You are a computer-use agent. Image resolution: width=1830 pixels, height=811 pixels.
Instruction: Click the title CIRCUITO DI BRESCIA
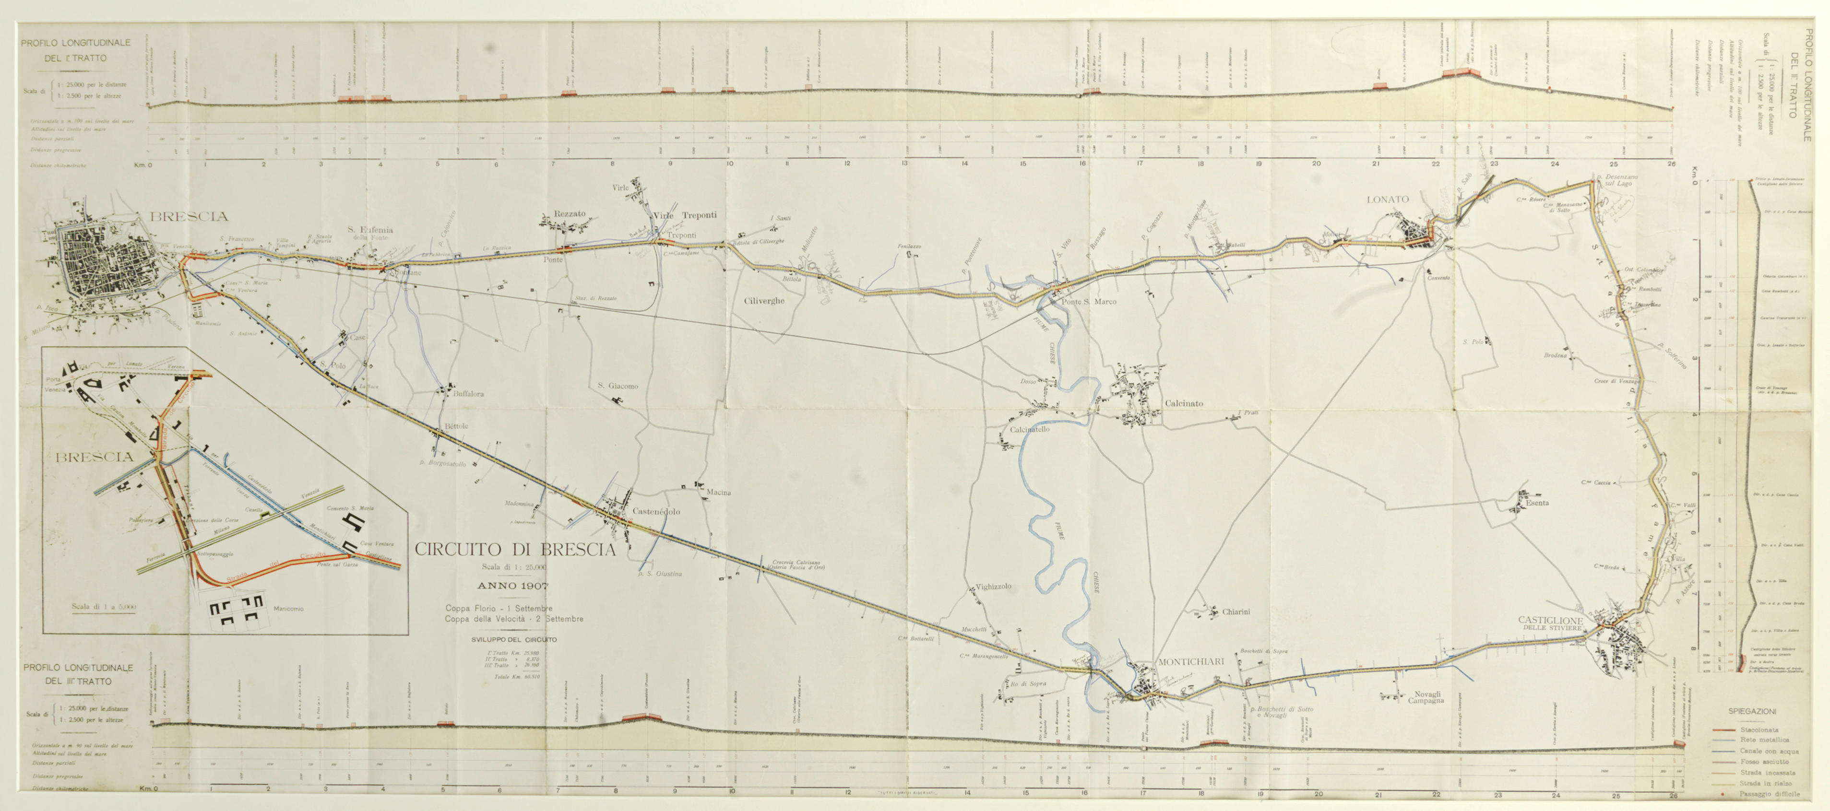coord(515,550)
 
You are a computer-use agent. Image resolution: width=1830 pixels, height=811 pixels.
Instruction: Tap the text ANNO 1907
coord(513,587)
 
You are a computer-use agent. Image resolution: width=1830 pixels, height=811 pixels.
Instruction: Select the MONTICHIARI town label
coord(1191,662)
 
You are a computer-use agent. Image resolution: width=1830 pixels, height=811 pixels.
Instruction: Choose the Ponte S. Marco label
coord(1088,302)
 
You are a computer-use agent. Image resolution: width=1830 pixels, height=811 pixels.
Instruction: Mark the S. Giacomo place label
coord(618,387)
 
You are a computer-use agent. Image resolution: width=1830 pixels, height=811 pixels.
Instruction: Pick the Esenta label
coord(1537,503)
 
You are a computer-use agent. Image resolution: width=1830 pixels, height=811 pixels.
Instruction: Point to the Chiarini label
coord(1236,612)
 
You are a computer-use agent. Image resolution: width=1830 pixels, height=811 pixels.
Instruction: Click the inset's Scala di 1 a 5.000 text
coord(103,607)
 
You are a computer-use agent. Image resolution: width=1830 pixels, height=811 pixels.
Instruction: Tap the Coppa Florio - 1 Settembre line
coord(499,609)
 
